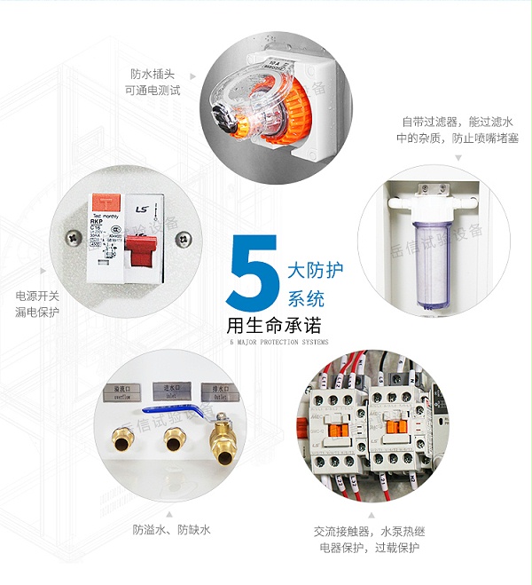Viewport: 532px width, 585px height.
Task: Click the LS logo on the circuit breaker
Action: point(141,209)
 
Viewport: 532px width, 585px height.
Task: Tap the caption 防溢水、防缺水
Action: point(172,530)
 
